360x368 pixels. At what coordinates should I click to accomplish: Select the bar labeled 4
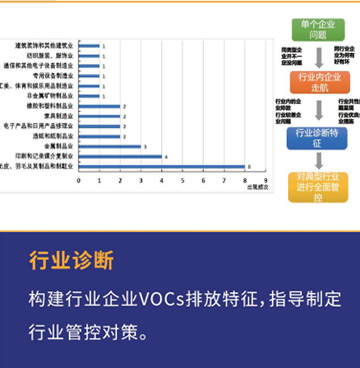pos(119,157)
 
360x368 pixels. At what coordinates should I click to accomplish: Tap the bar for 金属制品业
pos(109,146)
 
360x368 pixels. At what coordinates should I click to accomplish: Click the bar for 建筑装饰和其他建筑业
pos(88,45)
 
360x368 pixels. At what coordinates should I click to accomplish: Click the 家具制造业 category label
pos(58,116)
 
